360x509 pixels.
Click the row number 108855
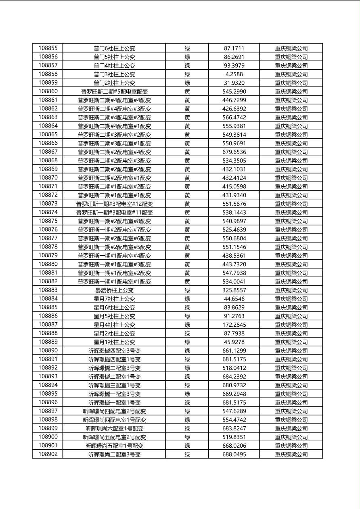48,48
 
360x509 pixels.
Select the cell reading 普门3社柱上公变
114,74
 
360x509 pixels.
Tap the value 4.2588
234,74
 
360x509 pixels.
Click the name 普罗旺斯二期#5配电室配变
114,92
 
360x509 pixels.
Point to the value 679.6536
234,152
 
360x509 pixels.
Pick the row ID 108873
48,204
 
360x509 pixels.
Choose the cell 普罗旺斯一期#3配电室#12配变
114,204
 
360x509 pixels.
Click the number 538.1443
234,213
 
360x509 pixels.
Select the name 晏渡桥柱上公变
114,290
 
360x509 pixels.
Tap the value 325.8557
234,290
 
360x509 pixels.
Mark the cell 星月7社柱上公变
114,299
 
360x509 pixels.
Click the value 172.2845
234,325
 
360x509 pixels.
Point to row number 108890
48,350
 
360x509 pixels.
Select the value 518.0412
234,368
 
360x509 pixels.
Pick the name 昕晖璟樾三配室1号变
114,385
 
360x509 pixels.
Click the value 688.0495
234,454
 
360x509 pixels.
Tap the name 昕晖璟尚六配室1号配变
114,428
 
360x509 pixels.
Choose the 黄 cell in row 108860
187,92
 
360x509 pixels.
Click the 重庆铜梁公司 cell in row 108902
291,454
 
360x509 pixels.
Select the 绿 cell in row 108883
187,290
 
